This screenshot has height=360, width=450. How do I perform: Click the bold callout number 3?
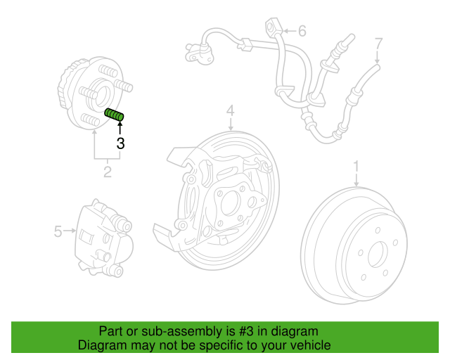point(120,144)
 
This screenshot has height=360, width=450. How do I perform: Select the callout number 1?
point(356,167)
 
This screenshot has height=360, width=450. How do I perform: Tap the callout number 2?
point(108,171)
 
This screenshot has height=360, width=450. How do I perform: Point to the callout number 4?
point(230,110)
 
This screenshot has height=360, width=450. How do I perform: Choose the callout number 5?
point(302,31)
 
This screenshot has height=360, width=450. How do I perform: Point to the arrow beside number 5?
point(70,230)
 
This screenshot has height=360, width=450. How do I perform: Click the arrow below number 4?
point(230,124)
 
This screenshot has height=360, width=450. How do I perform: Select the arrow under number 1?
point(356,179)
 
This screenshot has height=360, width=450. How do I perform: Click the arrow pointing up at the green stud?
point(120,129)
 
